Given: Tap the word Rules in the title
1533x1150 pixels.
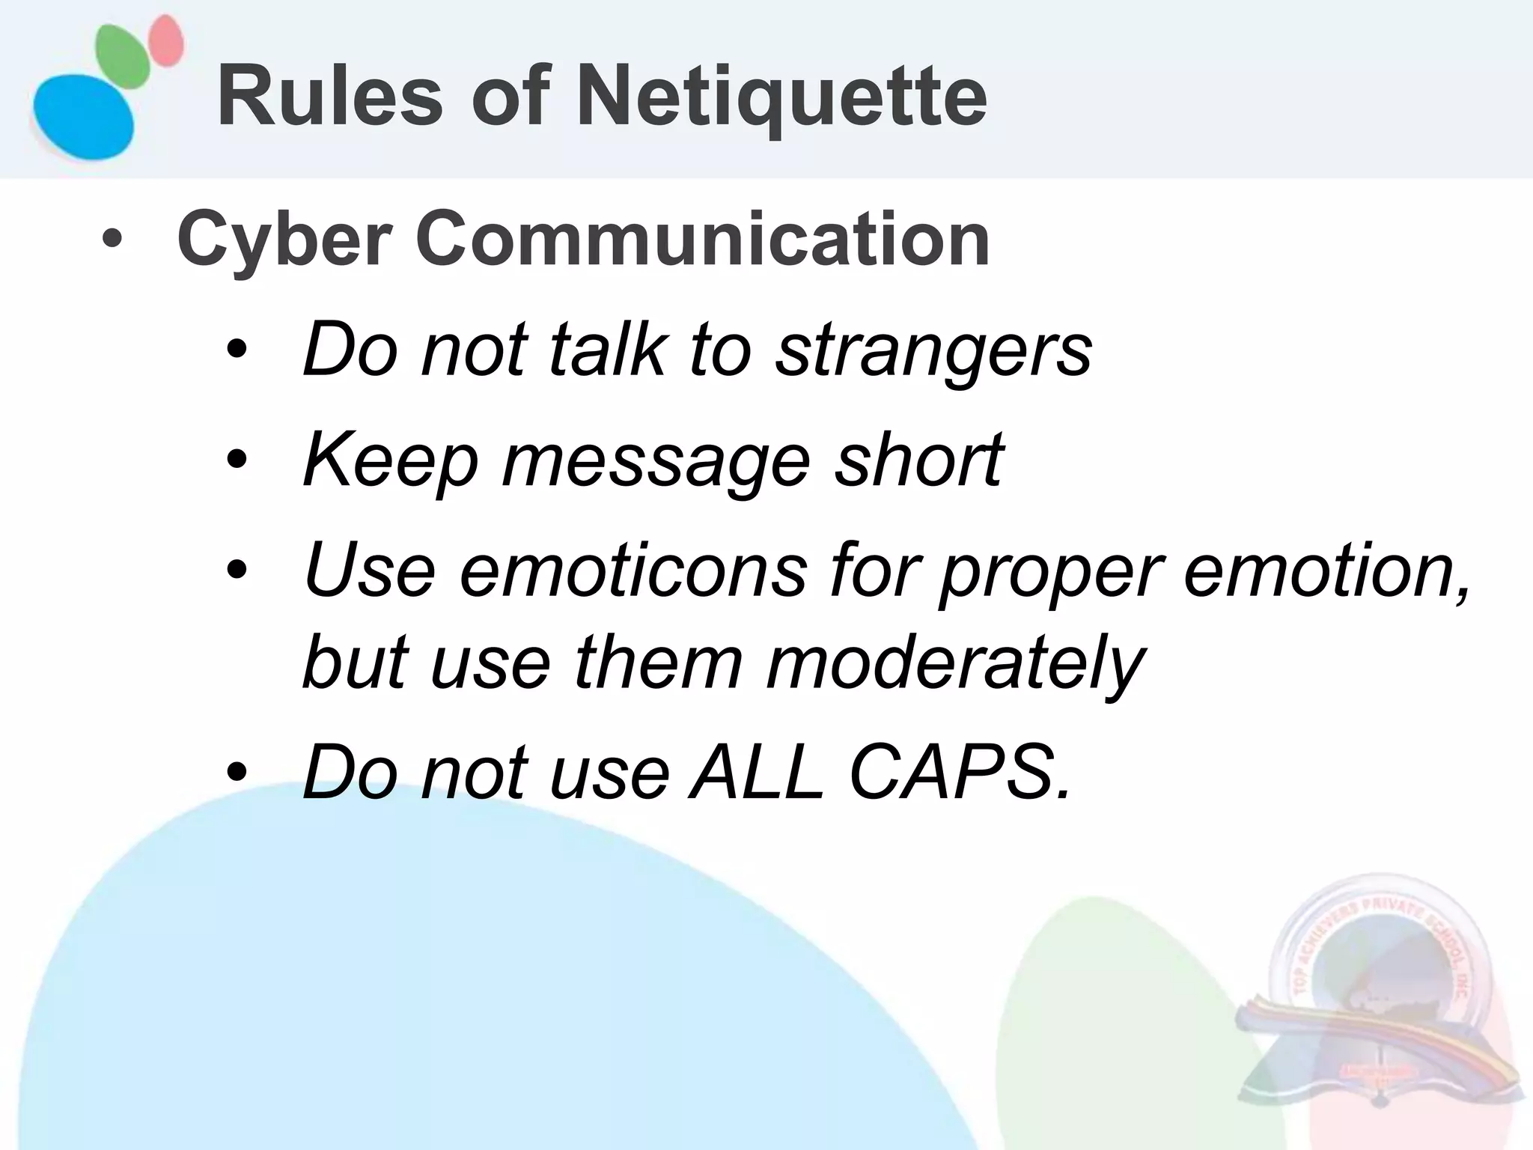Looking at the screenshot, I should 330,97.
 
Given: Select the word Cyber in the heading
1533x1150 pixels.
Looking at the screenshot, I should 285,240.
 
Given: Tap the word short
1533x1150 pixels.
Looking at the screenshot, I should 918,460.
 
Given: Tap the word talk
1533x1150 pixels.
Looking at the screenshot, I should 607,349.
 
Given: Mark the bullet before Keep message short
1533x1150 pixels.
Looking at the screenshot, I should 237,461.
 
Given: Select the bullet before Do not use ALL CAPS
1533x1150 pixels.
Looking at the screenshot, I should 237,774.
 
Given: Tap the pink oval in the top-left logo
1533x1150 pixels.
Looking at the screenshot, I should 165,41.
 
